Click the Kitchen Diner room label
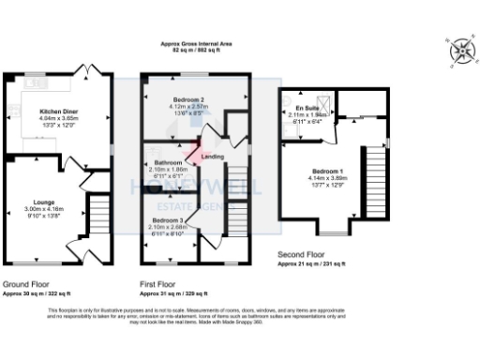51,110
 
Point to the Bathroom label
167,162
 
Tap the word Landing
213,157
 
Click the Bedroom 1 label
328,172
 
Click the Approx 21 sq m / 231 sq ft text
319,263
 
